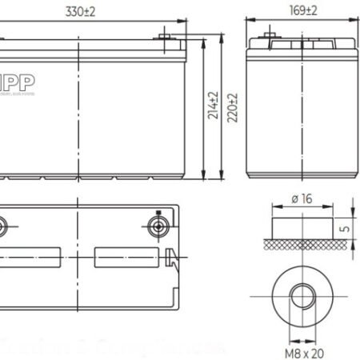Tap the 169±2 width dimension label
[x=300, y=10]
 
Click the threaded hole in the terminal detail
[x=301, y=294]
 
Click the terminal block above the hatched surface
[x=301, y=225]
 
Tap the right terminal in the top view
[x=158, y=224]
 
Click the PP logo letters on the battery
[x=14, y=83]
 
